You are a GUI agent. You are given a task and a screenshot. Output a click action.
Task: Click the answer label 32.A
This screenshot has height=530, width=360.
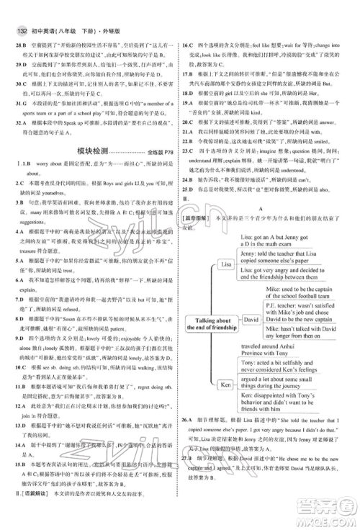click(18, 122)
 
